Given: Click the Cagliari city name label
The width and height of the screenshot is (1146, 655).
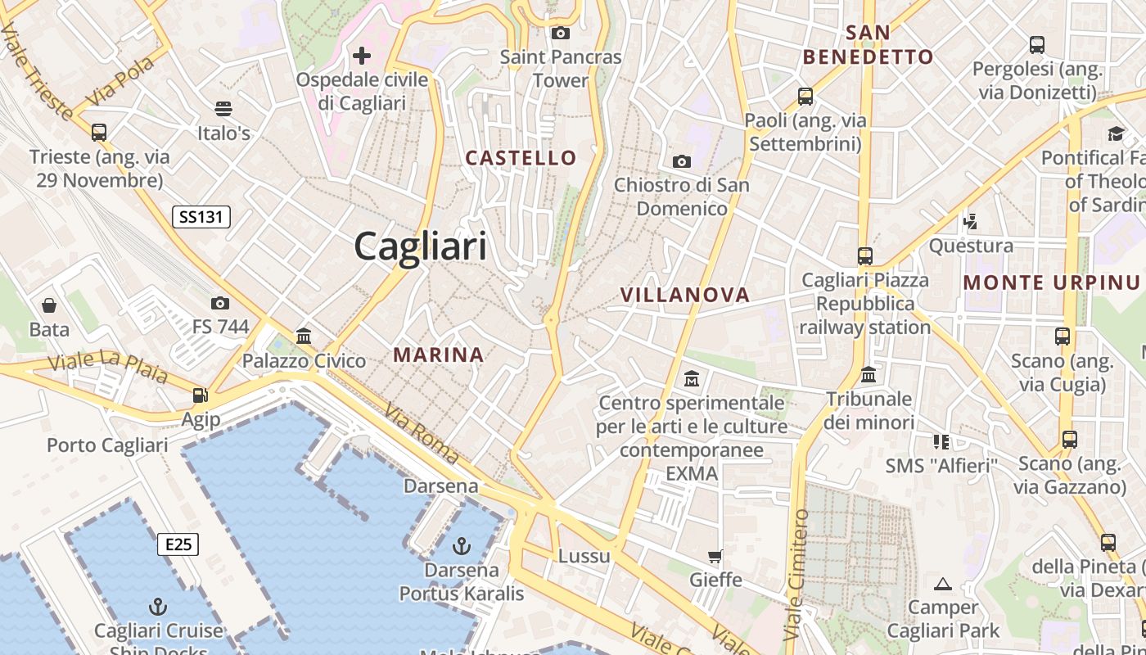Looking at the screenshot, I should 420,246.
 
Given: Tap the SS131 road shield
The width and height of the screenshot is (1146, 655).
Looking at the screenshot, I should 201,217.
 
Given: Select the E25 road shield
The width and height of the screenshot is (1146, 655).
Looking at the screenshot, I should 178,544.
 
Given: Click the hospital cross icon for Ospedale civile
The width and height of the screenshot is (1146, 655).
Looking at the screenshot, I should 362,56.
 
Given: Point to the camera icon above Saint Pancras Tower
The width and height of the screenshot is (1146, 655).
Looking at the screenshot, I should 561,33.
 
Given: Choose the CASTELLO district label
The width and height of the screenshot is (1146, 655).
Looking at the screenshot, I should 521,158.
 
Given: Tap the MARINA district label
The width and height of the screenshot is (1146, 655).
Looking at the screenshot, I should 439,355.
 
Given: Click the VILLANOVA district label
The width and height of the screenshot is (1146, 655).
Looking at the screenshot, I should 685,295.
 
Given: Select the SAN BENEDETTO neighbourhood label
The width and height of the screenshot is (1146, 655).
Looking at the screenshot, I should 868,45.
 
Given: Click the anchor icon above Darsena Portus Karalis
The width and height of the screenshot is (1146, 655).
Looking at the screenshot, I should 462,545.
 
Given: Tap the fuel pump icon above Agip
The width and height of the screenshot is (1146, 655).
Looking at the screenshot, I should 200,395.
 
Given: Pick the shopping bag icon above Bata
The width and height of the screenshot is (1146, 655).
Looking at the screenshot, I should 49,305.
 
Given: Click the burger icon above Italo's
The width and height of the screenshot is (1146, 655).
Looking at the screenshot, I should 223,108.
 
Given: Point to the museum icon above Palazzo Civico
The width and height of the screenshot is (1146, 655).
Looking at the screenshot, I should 304,336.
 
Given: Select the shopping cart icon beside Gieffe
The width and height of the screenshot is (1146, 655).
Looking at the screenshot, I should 715,557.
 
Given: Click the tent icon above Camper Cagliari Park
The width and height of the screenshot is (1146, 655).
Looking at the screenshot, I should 943,584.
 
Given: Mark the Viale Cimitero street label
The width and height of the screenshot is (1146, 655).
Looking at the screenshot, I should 796,574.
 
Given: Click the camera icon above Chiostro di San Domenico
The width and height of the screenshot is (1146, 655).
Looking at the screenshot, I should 681,161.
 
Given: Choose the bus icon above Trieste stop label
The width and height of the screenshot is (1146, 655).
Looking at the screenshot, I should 99,132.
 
